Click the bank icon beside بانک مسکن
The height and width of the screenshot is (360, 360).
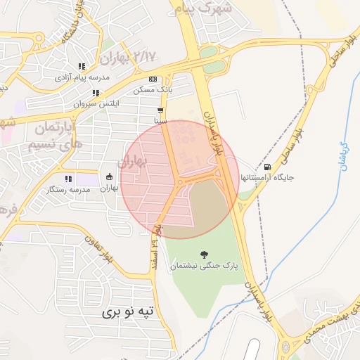(x=153, y=79)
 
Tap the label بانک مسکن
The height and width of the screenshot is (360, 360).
(x=153, y=91)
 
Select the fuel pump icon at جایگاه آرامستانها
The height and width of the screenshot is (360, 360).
(x=267, y=167)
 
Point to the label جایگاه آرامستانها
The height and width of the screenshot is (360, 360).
(x=267, y=178)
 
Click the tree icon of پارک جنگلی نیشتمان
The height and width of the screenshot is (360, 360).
(x=205, y=254)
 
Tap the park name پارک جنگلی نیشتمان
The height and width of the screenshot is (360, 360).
(x=205, y=266)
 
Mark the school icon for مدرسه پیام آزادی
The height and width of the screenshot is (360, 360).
(x=82, y=66)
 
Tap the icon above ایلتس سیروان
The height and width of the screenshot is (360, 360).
(x=96, y=93)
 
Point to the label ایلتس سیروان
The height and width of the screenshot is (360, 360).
(x=96, y=104)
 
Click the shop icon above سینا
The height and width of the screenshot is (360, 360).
(x=161, y=110)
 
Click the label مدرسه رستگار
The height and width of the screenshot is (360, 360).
(x=69, y=190)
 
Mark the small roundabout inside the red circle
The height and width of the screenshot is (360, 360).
(x=181, y=181)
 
